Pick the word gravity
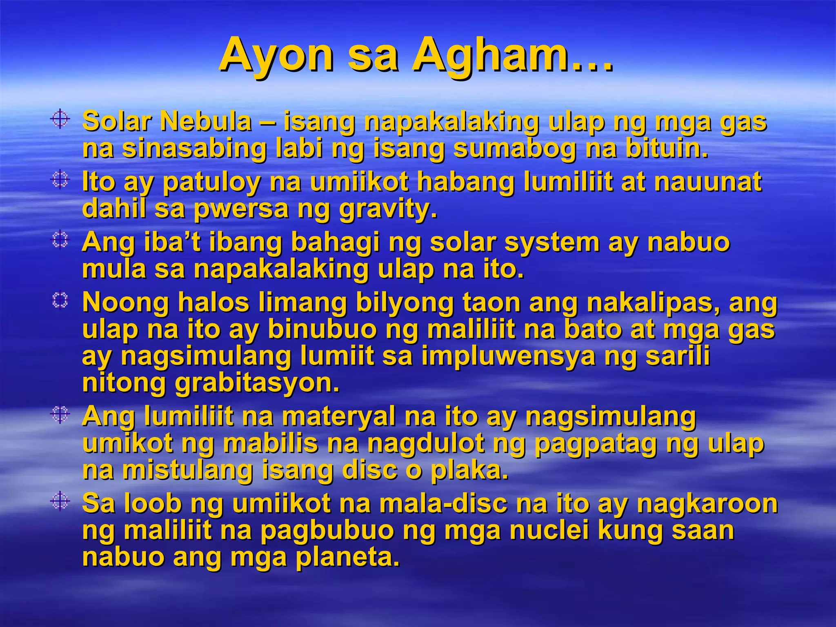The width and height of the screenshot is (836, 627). coord(388,209)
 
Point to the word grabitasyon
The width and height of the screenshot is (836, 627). coord(257,383)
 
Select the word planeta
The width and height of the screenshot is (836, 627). coord(347,557)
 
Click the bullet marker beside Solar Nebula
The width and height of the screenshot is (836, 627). coord(60,119)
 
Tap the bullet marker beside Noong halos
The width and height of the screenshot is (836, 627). coord(60,301)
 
